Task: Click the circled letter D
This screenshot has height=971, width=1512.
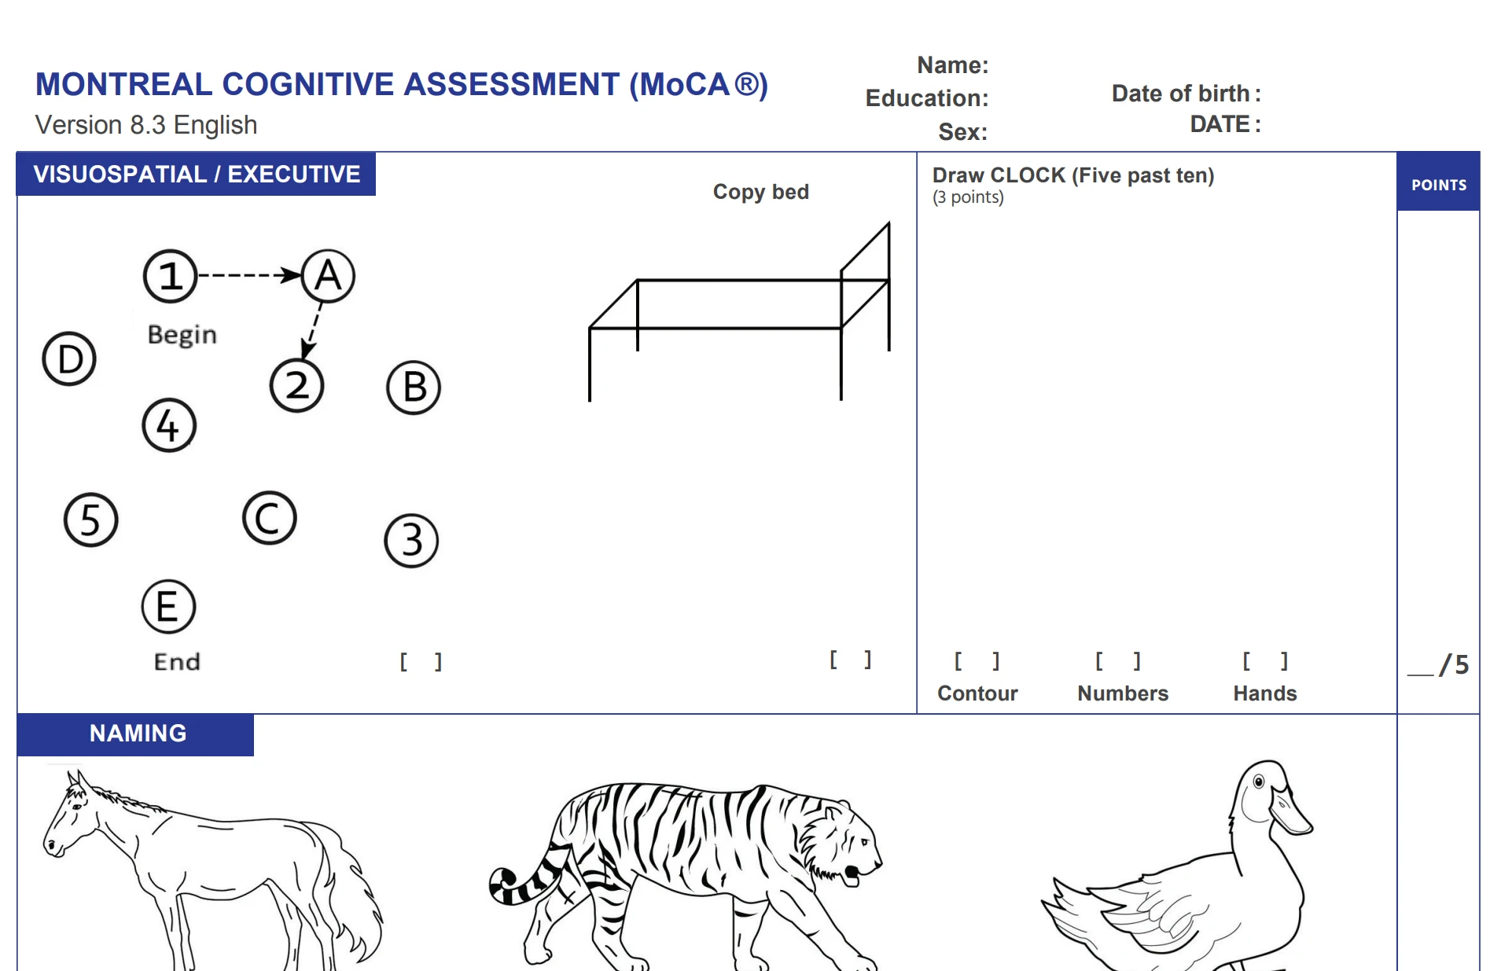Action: (69, 359)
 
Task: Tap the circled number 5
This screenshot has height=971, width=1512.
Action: (90, 520)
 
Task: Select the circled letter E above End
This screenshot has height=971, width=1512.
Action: (168, 606)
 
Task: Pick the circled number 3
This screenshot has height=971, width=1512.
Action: (411, 540)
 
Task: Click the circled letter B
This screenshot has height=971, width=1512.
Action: (414, 388)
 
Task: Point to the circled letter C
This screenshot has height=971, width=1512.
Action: (269, 518)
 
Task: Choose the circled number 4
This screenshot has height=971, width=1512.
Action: (169, 425)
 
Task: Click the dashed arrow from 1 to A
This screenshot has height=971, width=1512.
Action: (249, 275)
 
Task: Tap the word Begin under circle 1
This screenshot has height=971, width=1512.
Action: (182, 335)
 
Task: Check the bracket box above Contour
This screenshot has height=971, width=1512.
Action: (977, 661)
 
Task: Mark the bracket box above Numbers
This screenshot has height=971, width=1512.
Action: (1117, 661)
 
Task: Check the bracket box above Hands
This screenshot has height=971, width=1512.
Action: (1264, 661)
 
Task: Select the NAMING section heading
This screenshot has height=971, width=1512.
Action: (138, 734)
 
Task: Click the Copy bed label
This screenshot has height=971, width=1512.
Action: (760, 192)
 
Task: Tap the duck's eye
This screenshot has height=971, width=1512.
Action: (1259, 782)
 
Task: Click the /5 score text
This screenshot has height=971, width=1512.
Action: (1453, 665)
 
